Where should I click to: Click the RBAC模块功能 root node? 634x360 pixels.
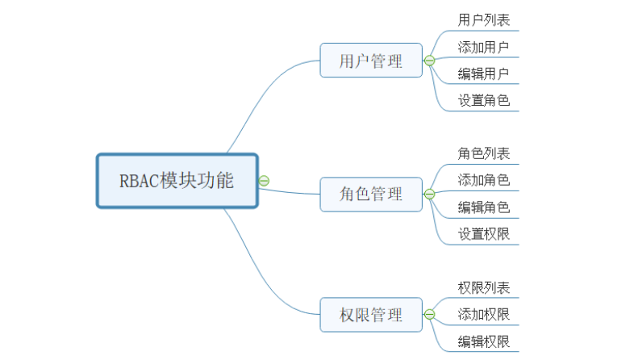pyautogui.click(x=177, y=181)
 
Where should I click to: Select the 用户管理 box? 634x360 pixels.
pyautogui.click(x=371, y=61)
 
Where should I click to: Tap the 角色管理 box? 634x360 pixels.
pyautogui.click(x=371, y=195)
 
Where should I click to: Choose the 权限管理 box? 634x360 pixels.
pyautogui.click(x=371, y=314)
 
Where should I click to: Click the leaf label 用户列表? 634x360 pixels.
pyautogui.click(x=483, y=19)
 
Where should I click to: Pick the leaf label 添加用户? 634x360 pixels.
pyautogui.click(x=483, y=47)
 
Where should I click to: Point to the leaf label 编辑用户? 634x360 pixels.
pyautogui.click(x=483, y=74)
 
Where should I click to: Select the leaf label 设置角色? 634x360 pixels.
pyautogui.click(x=483, y=101)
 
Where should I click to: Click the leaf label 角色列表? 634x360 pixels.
pyautogui.click(x=483, y=153)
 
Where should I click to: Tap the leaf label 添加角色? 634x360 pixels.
pyautogui.click(x=483, y=181)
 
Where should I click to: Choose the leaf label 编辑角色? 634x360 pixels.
pyautogui.click(x=483, y=207)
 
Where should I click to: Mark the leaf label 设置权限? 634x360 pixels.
pyautogui.click(x=483, y=234)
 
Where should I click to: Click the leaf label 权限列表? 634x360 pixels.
pyautogui.click(x=483, y=287)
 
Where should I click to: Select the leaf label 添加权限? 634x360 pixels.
pyautogui.click(x=483, y=314)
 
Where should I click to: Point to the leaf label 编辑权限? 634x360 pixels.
pyautogui.click(x=483, y=341)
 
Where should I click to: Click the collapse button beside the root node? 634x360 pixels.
pyautogui.click(x=264, y=181)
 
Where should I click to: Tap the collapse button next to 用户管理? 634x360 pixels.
pyautogui.click(x=429, y=61)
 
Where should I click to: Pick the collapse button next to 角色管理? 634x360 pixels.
pyautogui.click(x=429, y=195)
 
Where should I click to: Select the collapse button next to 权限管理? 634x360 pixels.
pyautogui.click(x=429, y=314)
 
